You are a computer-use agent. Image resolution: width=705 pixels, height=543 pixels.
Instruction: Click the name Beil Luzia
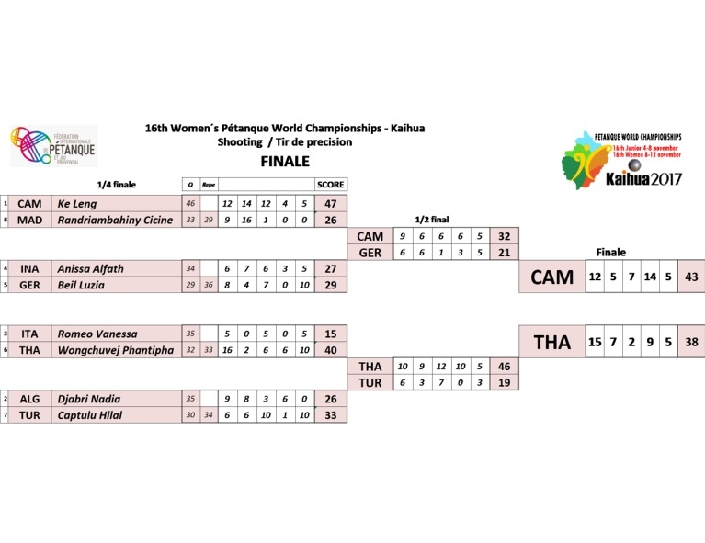click(80, 286)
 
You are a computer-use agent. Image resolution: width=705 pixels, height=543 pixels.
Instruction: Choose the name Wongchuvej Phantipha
click(115, 350)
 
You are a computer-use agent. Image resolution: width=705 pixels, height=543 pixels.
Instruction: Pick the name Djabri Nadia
click(85, 399)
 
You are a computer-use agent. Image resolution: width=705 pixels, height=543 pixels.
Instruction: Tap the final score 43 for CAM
click(692, 277)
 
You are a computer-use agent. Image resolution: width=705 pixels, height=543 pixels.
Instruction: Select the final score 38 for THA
click(692, 342)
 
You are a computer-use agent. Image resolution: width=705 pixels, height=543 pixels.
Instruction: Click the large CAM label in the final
click(551, 277)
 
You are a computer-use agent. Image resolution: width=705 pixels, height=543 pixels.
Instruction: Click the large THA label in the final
click(551, 342)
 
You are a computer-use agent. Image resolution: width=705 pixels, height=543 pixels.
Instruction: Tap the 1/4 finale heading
click(117, 185)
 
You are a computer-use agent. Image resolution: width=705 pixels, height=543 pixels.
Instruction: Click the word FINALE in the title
click(285, 161)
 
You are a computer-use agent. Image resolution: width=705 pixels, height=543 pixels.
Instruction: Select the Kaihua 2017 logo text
click(643, 179)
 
